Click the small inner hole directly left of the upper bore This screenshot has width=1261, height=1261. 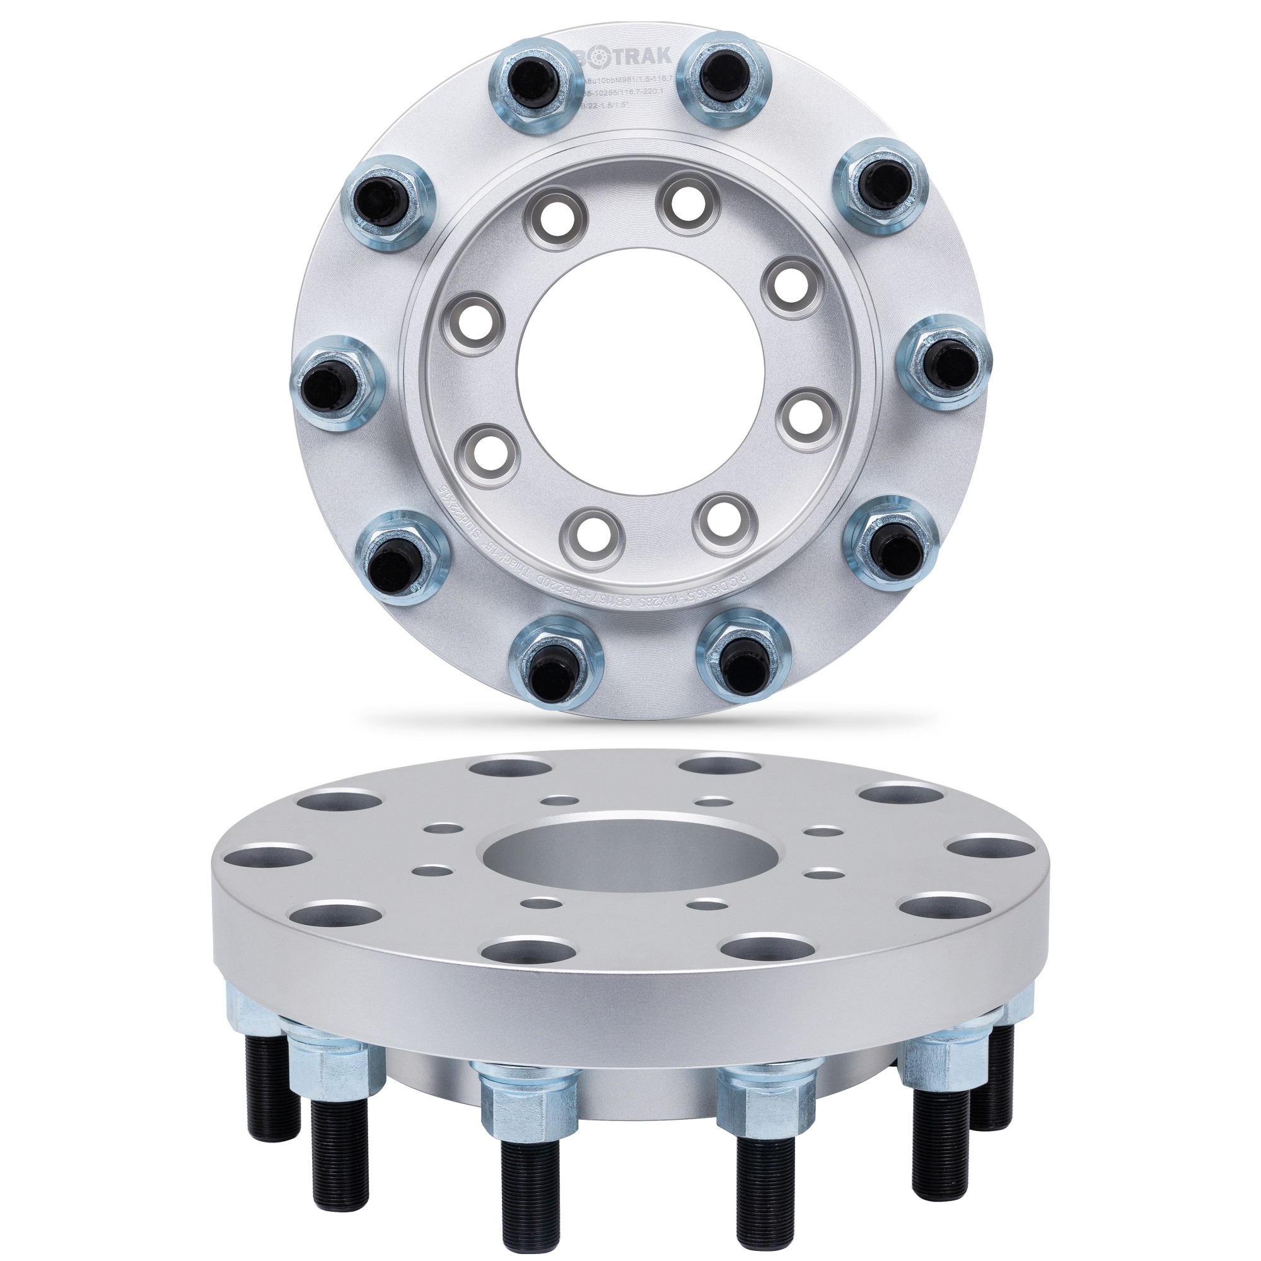pos(477,323)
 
